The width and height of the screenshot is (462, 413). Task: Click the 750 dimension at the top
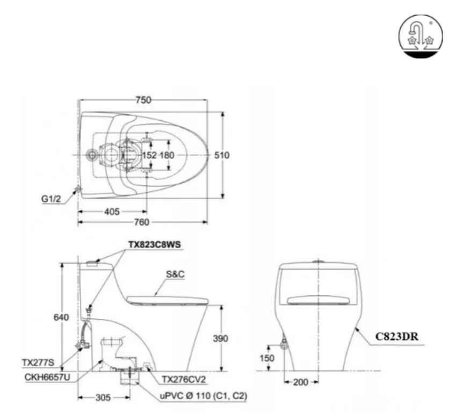[143, 100]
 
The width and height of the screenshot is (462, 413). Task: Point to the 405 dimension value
[112, 211]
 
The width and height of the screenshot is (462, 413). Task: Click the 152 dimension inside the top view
[149, 155]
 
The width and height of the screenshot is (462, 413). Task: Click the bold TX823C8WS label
[154, 244]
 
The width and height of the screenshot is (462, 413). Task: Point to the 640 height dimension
[62, 317]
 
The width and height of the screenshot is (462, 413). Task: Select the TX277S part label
[42, 363]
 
